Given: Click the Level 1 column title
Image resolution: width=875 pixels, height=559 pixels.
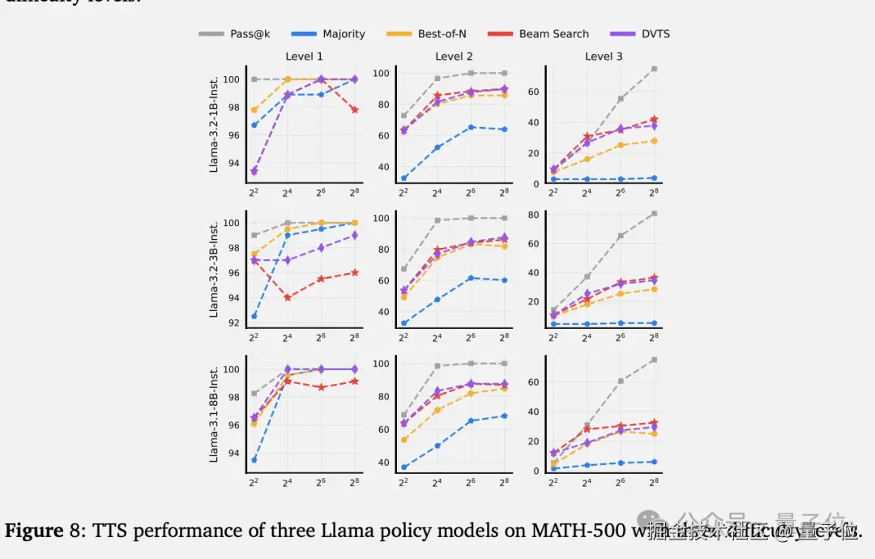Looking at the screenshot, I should point(304,57).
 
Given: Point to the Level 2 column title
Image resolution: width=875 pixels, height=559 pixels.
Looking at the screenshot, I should point(454,57).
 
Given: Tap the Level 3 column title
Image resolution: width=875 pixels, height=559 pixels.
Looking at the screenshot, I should point(604,57).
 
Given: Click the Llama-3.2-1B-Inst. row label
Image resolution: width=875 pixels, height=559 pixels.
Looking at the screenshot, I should point(215,125).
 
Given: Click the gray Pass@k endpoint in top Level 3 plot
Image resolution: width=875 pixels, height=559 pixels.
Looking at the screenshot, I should point(654,69).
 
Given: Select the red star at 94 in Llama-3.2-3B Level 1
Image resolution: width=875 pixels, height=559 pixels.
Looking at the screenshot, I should point(288,297).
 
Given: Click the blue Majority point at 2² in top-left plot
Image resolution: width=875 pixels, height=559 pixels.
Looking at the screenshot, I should point(254,125).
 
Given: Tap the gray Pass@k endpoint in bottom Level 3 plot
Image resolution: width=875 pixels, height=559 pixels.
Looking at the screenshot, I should point(654,360).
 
